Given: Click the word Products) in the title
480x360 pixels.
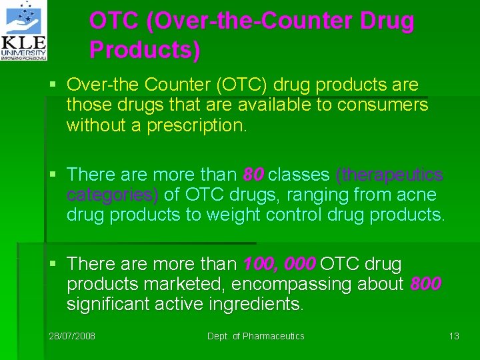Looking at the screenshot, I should click(145, 50).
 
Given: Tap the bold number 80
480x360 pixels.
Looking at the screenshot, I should click(253, 175).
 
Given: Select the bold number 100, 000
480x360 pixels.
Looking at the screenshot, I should click(279, 265).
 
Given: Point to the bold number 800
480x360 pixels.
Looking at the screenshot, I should click(425, 285).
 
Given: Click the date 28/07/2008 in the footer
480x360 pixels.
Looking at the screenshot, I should click(72, 336).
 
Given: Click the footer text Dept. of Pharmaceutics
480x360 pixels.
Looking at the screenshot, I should click(255, 336).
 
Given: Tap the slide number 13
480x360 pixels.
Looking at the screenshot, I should click(454, 336).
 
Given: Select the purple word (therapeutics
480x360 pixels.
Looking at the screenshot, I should click(389, 175).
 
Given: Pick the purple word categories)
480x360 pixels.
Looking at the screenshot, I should click(113, 195).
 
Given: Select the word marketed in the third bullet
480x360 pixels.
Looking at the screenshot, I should click(195, 285).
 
